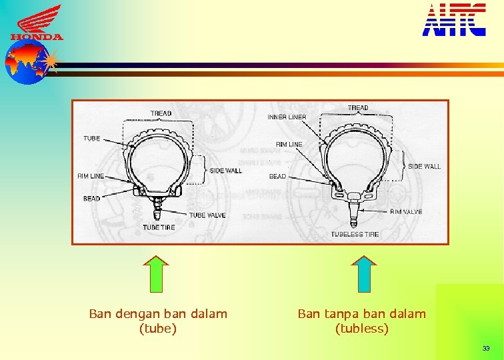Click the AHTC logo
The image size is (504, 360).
pos(454,20)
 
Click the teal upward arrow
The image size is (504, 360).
pos(364,274)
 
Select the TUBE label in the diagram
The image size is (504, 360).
pos(92,139)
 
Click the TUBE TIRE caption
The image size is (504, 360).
pos(159,228)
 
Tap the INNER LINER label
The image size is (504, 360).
pos(287,117)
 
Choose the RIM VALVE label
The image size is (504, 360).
pos(406,212)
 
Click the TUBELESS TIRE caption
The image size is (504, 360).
pos(355,235)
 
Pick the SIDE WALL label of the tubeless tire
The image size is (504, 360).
pos(424,166)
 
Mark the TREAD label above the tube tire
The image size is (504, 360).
pos(161,113)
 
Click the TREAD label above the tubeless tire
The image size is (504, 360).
pos(358,108)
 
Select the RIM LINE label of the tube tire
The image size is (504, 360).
pos(91,177)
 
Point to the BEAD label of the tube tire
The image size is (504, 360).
pos(92,199)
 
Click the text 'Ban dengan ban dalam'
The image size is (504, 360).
pos(158,313)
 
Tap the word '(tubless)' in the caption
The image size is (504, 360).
pos(361,328)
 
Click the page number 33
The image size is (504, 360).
pos(486,349)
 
